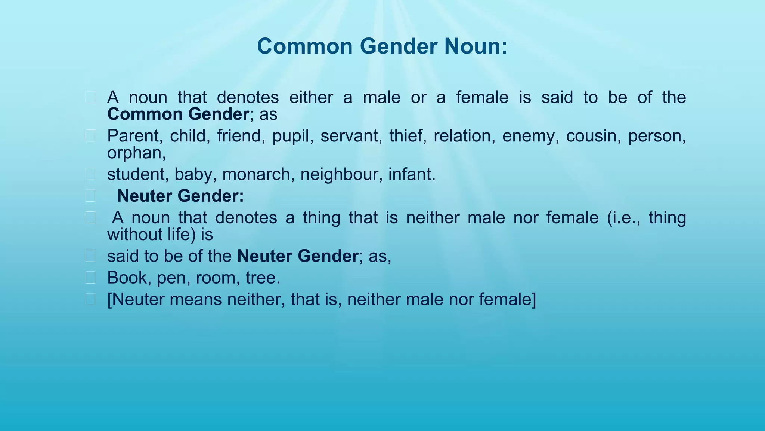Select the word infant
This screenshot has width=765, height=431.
click(412, 175)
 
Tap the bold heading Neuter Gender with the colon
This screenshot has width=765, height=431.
click(180, 196)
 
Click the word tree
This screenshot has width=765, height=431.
click(263, 278)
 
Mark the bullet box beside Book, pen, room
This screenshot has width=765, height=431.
click(90, 278)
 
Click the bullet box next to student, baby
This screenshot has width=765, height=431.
click(90, 174)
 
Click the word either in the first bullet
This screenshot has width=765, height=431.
click(311, 98)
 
